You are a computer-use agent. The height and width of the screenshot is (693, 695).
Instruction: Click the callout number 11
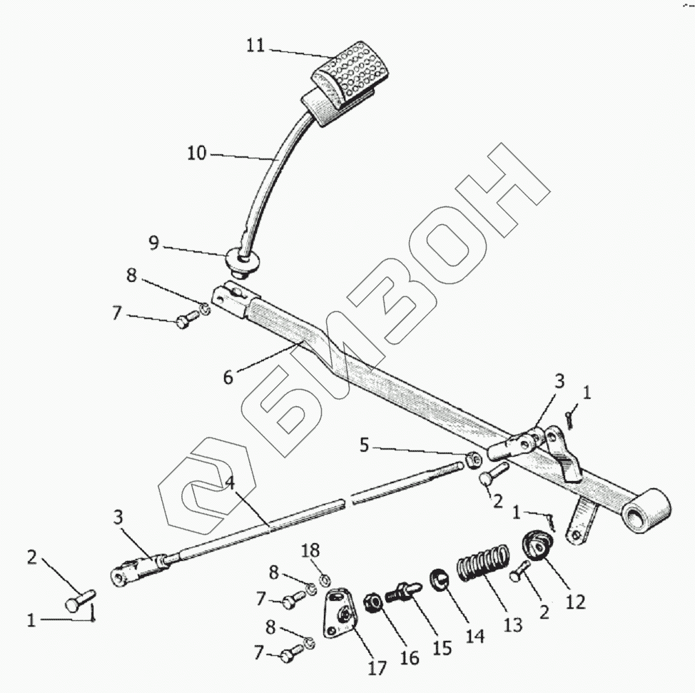(255, 46)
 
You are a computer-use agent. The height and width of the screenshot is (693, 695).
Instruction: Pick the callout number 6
(228, 376)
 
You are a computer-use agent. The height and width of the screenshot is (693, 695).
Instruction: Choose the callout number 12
(575, 602)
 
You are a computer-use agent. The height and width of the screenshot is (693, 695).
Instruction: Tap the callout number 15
(442, 647)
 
